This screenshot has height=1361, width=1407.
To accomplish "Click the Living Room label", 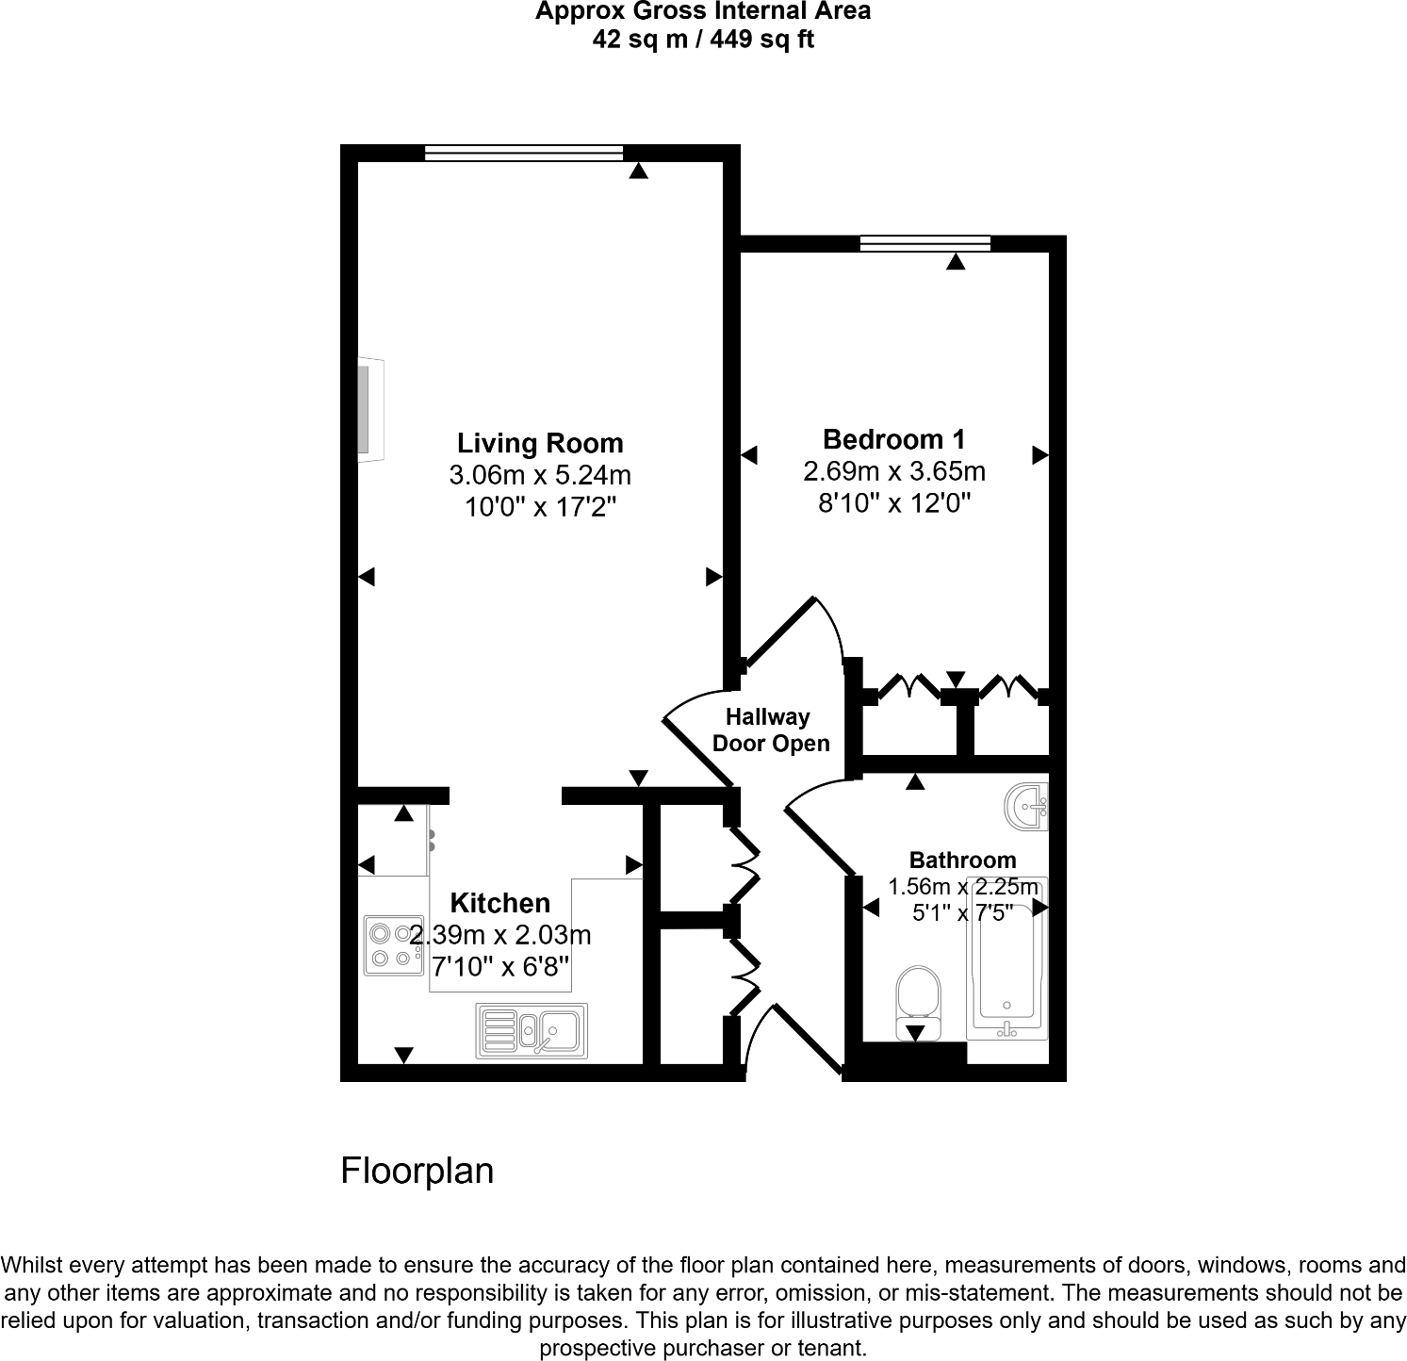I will (x=540, y=443).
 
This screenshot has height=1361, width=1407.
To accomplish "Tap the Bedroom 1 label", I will (x=893, y=439).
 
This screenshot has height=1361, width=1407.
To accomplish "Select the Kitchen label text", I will (x=499, y=903).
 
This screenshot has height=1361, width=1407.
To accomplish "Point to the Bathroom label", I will (x=962, y=860).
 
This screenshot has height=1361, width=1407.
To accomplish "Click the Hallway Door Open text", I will (x=770, y=730).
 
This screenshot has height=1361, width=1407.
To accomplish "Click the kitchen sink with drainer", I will (x=532, y=1030).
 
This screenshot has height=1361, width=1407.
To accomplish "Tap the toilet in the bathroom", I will (x=917, y=1000).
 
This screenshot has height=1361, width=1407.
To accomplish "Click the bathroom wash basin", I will (x=1028, y=807).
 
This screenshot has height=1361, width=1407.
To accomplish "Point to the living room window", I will (x=523, y=153).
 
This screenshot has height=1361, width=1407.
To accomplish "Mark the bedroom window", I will (x=925, y=243).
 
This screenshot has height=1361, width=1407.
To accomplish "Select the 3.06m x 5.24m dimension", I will (x=540, y=475).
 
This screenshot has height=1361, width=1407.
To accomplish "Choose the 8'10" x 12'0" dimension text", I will (x=893, y=503).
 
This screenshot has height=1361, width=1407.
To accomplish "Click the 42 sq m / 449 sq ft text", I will (x=703, y=40).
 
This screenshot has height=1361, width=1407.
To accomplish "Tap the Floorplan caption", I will (x=417, y=1171).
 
